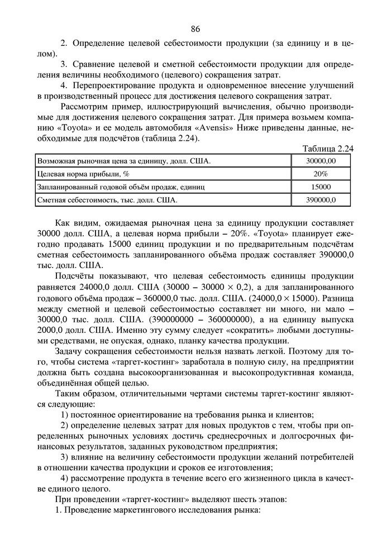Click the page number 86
[195, 29]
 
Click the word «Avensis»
[244, 127]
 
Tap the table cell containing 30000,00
[321, 161]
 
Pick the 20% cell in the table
[321, 174]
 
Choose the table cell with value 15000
[321, 187]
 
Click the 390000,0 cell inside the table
[321, 199]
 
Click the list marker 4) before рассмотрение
[65, 478]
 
